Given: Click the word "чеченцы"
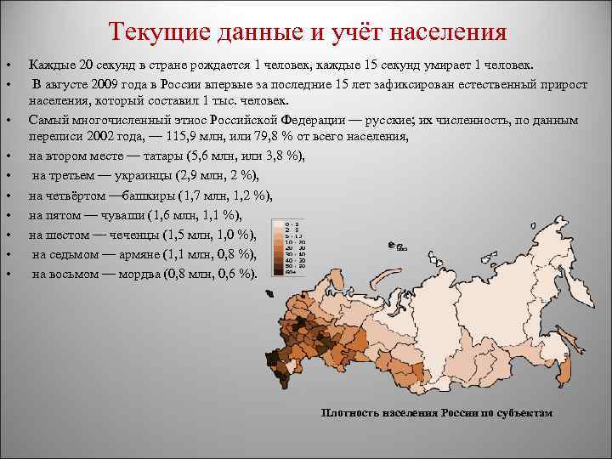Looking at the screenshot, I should (x=141, y=235).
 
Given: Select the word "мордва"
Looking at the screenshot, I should (x=151, y=274).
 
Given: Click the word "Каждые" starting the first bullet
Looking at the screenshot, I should (x=48, y=65).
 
